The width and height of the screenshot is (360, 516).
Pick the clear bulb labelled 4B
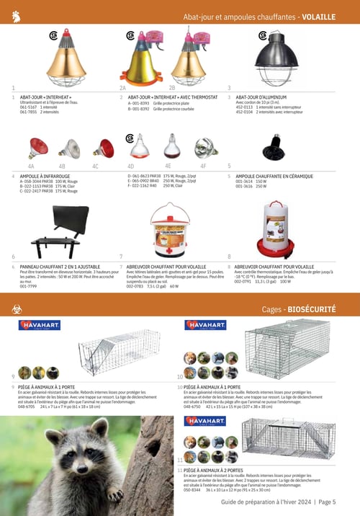point(71,148)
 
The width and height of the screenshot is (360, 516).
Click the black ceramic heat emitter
point(273,148)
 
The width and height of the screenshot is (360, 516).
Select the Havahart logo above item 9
point(40,325)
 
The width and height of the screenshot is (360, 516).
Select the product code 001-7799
point(29,286)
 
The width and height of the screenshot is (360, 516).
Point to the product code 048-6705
point(29,406)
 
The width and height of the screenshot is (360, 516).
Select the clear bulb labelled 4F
point(206,148)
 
